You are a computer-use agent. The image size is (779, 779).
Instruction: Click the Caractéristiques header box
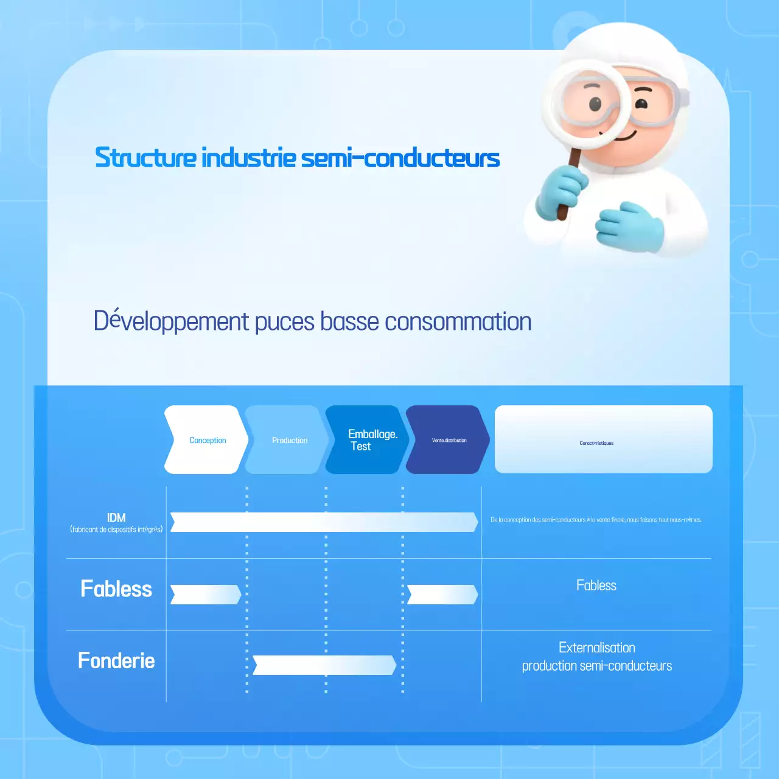(603, 439)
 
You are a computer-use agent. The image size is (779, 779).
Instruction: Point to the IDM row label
(116, 518)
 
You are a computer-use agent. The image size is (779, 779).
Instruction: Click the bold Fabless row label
(116, 589)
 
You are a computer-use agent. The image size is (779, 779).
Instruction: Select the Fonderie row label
(116, 661)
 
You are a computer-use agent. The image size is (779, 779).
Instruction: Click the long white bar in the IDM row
(324, 522)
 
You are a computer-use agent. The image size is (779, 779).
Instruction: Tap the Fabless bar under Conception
(206, 595)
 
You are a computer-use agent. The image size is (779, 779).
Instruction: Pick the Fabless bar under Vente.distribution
(442, 595)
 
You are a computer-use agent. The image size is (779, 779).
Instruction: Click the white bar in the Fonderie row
(324, 665)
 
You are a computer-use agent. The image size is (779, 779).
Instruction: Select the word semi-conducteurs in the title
(400, 158)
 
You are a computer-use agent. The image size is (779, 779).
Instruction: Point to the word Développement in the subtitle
(171, 321)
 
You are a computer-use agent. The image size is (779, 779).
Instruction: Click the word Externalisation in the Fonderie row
(596, 648)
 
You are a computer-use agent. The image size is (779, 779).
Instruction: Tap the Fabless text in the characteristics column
(596, 585)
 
